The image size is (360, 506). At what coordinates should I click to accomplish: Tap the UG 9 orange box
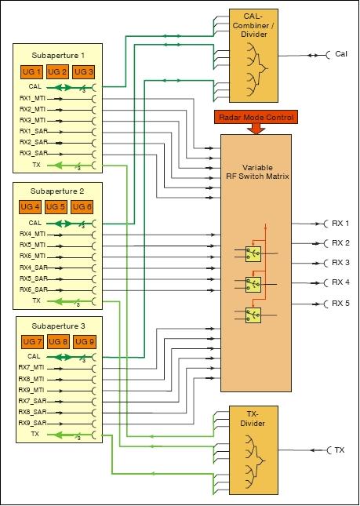pos(83,342)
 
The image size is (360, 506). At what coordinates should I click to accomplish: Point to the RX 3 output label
pos(340,263)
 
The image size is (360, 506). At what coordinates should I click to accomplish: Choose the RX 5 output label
pos(340,302)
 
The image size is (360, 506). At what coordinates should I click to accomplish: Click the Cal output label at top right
pos(341,54)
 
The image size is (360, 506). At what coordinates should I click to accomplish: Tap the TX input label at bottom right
pos(340,450)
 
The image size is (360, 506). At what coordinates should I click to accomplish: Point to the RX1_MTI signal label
pos(34,99)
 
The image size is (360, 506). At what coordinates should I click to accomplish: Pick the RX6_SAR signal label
pos(34,289)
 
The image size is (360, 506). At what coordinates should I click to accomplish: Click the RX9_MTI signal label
pos(34,390)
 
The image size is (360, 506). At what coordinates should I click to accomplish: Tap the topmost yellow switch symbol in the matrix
pos(253,253)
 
